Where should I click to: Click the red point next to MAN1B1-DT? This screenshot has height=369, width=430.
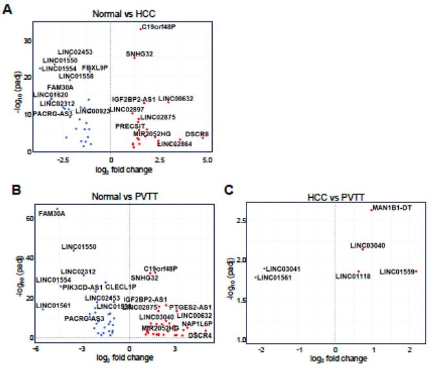click(x=371, y=209)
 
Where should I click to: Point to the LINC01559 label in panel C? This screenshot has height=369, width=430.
click(x=396, y=271)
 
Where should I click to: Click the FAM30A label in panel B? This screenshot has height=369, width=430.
click(x=52, y=213)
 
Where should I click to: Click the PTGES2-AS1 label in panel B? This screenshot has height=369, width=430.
click(x=191, y=307)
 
